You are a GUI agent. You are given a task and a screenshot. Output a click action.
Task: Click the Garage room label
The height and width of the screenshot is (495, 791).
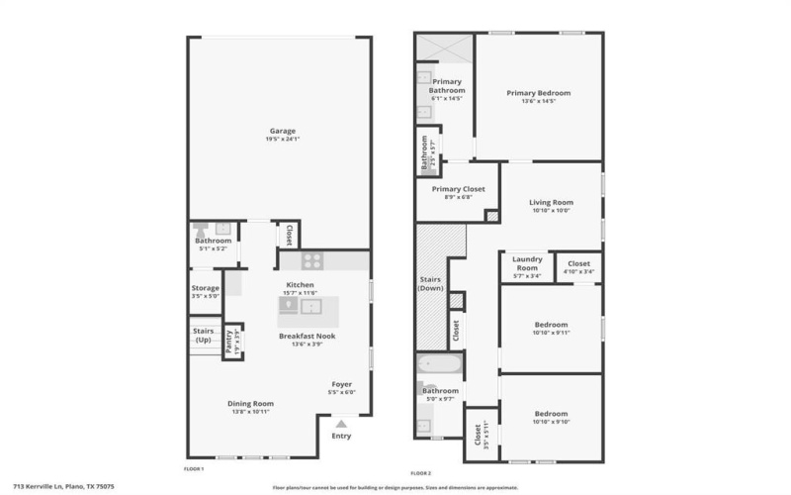(283, 131)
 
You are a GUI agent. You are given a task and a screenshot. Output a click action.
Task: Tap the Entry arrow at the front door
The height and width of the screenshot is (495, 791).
(341, 423)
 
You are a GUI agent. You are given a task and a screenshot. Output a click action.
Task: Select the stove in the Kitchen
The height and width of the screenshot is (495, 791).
(312, 261)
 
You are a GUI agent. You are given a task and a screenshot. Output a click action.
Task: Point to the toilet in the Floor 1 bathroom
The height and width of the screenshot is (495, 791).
(197, 228)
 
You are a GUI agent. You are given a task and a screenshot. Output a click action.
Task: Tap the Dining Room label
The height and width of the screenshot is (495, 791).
(250, 403)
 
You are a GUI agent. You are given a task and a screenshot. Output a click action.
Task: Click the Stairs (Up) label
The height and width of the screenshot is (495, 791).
(203, 336)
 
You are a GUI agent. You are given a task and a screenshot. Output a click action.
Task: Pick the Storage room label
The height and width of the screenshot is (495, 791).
(206, 288)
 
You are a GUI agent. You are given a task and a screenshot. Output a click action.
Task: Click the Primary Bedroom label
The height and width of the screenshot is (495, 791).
(538, 93)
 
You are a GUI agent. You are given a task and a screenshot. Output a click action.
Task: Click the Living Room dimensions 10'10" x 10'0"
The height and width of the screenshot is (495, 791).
(552, 210)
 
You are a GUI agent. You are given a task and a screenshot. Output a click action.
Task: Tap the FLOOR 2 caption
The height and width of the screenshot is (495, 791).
(421, 472)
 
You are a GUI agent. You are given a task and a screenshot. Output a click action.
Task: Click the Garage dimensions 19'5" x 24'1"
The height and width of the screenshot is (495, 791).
(283, 140)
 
